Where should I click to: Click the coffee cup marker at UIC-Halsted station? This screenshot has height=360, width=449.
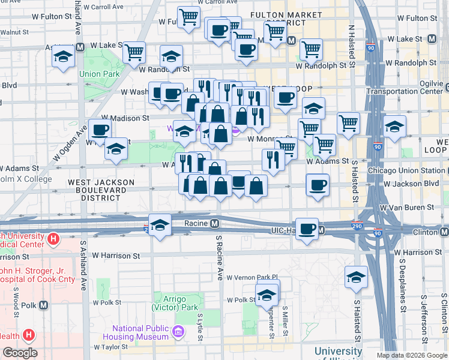click(307, 229)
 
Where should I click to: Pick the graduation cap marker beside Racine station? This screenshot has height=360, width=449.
click(160, 226)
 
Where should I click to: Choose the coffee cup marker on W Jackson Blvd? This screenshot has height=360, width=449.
click(318, 185)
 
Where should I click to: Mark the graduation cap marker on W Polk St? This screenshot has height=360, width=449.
click(267, 295)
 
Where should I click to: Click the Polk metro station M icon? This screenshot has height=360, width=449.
click(43, 305)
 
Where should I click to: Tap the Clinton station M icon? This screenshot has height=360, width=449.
click(444, 232)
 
